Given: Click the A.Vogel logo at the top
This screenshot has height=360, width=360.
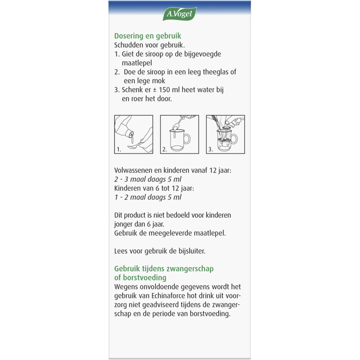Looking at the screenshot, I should (x=180, y=14).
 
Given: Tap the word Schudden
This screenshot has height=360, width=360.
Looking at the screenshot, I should (x=130, y=45).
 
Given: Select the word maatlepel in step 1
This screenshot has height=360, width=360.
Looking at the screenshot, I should (x=137, y=63).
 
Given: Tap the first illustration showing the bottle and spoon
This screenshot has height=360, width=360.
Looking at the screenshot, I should (x=134, y=135).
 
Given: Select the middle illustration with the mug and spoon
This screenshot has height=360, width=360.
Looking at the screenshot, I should (x=180, y=135).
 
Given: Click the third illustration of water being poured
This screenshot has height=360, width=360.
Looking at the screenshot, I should (x=225, y=135).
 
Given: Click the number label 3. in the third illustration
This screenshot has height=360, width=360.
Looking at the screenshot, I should (x=210, y=148).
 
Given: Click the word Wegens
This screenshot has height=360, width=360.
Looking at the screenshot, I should (x=126, y=287).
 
